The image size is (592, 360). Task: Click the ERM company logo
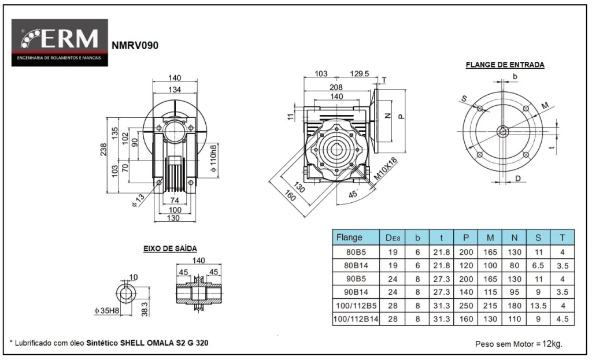60,42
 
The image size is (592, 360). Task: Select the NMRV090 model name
135,44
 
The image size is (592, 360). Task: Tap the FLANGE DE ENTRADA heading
505,65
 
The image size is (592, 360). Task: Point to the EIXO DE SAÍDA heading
170,248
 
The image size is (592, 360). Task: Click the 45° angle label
353,195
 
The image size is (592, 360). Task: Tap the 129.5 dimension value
360,73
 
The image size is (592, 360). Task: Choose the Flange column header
349,237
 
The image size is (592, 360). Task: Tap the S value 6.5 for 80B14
538,266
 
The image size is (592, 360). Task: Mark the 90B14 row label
356,292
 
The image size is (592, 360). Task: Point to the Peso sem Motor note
518,344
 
